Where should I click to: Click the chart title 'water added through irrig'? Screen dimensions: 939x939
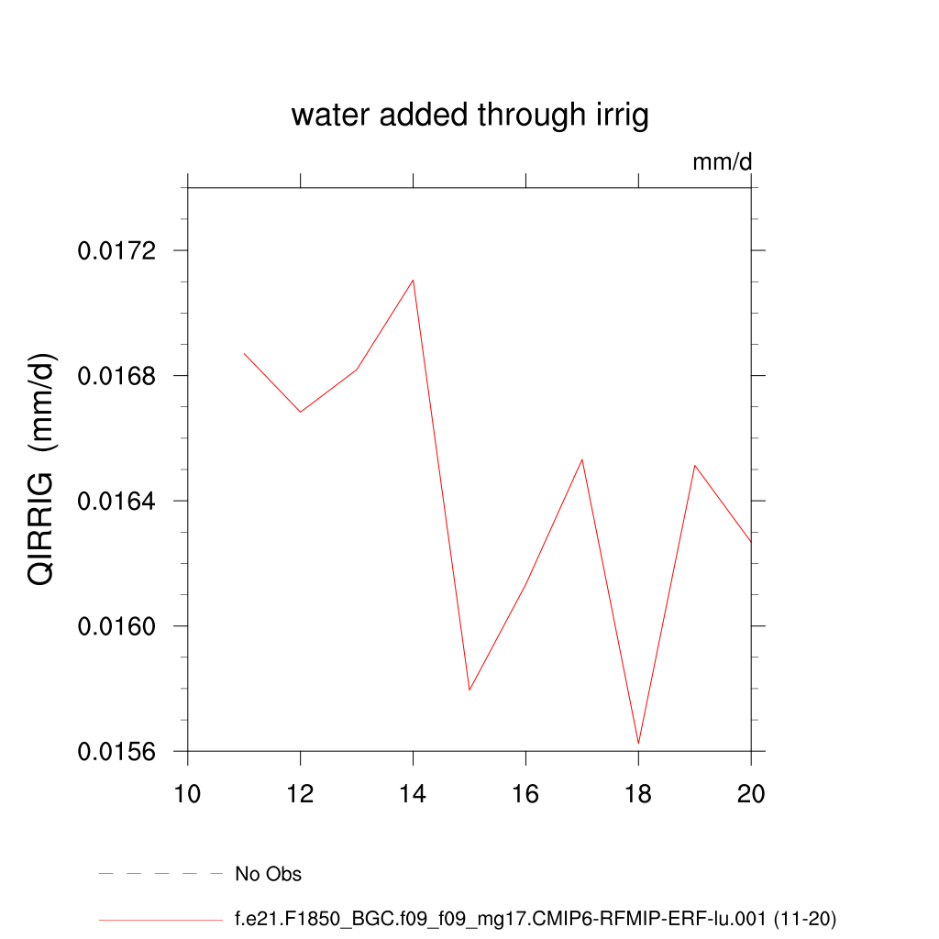click(469, 116)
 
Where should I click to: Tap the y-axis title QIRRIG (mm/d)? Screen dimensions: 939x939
click(43, 469)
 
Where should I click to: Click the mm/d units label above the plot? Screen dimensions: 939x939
click(722, 163)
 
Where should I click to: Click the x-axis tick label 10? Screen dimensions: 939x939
click(188, 793)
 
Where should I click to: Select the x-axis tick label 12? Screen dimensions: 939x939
click(301, 793)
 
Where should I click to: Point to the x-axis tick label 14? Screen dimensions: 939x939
click(414, 793)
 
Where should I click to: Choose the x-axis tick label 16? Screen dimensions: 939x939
click(525, 793)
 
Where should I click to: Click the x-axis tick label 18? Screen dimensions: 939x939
click(638, 793)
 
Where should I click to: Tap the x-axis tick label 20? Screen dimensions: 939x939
click(751, 793)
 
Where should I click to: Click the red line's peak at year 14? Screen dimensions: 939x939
click(414, 280)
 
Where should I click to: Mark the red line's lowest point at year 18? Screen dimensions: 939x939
click(638, 743)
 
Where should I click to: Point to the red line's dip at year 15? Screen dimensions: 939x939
click(469, 690)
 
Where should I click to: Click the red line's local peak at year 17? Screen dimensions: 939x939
click(582, 459)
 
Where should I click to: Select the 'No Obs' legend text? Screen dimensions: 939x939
click(268, 874)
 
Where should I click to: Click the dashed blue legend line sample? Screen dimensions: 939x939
click(160, 874)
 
